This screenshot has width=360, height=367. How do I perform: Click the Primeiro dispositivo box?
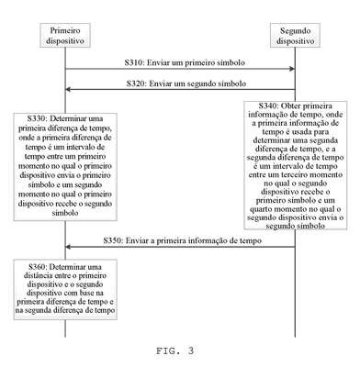pos(65,35)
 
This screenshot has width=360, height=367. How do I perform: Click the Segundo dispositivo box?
pos(295,35)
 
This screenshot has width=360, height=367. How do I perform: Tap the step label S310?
pos(133,62)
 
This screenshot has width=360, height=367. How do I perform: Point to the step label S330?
pos(37,118)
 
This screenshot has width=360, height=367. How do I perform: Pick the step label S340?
pos(268,106)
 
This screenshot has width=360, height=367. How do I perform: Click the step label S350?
pos(112,240)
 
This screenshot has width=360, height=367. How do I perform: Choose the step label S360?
pos(38,267)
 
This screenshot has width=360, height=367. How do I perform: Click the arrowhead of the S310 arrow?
pos(292,69)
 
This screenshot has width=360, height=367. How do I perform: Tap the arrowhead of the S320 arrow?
pos(68,89)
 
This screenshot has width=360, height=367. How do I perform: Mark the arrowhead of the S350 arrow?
pos(68,247)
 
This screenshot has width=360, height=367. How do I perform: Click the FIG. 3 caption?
pos(174,350)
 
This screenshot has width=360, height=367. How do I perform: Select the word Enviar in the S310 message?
pos(158,62)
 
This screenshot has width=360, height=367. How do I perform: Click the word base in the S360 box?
pos(88,293)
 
